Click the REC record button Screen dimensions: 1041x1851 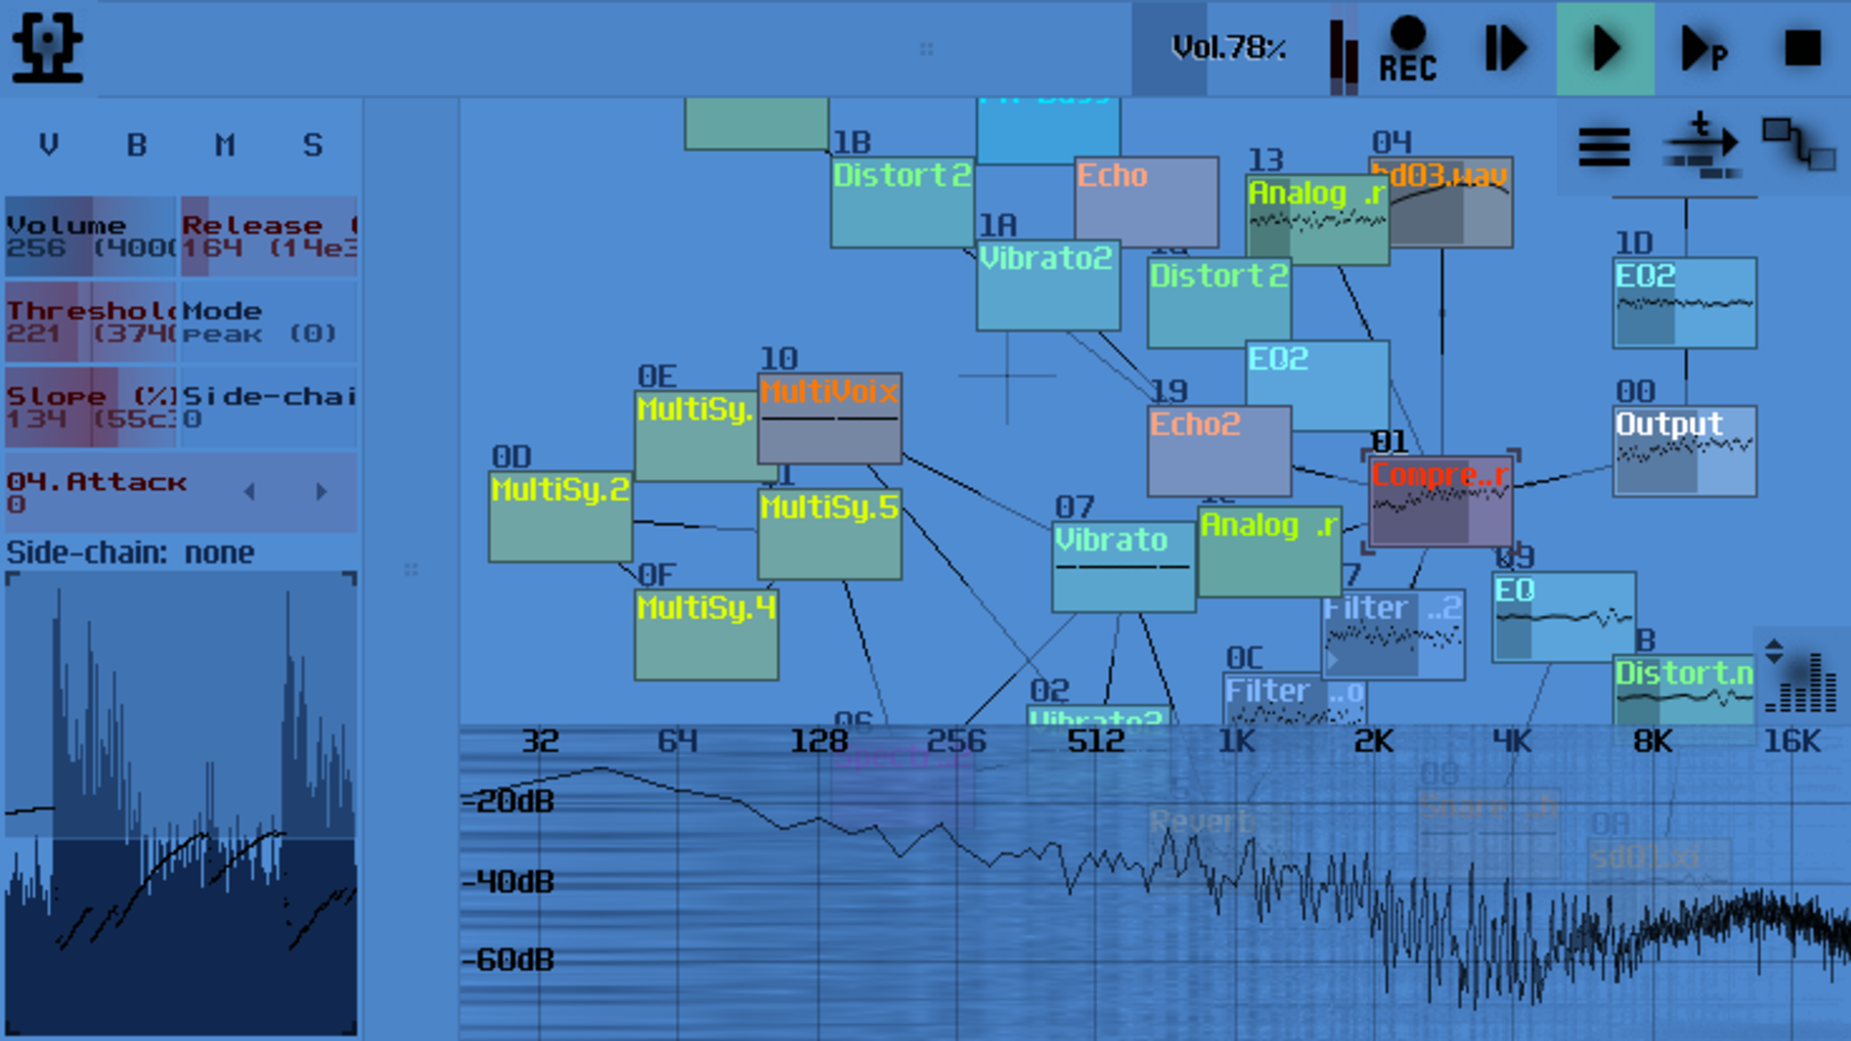pos(1408,50)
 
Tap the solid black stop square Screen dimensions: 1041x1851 pos(1802,48)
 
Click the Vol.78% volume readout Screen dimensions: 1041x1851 pos(1228,49)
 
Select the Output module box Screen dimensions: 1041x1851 pos(1684,452)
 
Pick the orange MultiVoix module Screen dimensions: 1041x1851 pos(829,418)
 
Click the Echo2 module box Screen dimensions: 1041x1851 pos(1218,452)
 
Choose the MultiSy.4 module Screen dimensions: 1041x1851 pos(706,634)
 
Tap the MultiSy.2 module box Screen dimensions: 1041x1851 pos(560,517)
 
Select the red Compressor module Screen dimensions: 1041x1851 pos(1440,502)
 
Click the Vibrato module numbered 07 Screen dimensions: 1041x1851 pos(1123,567)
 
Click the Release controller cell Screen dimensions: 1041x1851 pos(268,237)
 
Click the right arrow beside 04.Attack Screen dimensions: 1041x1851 pos(321,492)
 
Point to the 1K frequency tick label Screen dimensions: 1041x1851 pos(1236,742)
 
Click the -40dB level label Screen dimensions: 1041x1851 pos(509,882)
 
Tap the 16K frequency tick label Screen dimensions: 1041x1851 pos(1791,742)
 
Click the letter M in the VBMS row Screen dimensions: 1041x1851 pos(224,145)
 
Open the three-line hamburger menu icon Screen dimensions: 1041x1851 pos(1604,148)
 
